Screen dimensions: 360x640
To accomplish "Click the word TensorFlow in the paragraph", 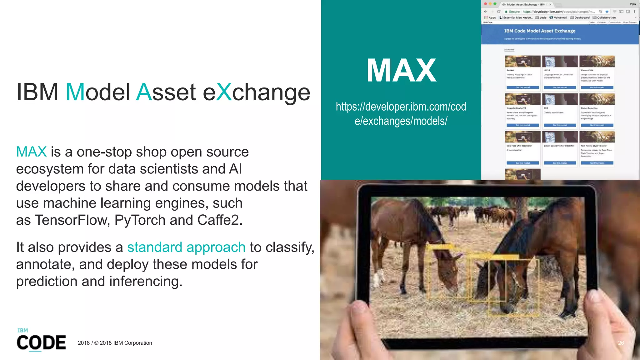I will [x=72, y=220].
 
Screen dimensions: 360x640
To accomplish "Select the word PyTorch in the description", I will [x=140, y=220].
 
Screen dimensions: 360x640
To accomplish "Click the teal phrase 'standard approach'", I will [x=186, y=247].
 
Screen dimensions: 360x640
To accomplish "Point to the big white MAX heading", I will [x=401, y=71].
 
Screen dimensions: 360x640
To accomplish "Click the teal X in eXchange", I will [x=224, y=92].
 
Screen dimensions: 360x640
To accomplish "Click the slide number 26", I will [x=621, y=343].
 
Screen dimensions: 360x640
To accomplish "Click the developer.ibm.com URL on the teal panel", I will [x=401, y=114].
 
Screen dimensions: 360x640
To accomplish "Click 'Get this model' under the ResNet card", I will [x=522, y=87].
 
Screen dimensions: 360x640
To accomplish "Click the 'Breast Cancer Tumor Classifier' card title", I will [x=559, y=146].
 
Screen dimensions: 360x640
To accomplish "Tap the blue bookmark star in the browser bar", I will [x=607, y=12].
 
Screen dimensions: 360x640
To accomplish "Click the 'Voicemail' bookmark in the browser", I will [x=560, y=17].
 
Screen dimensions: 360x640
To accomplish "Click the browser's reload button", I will [x=499, y=12].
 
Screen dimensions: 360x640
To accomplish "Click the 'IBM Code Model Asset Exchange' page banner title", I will [x=540, y=31].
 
